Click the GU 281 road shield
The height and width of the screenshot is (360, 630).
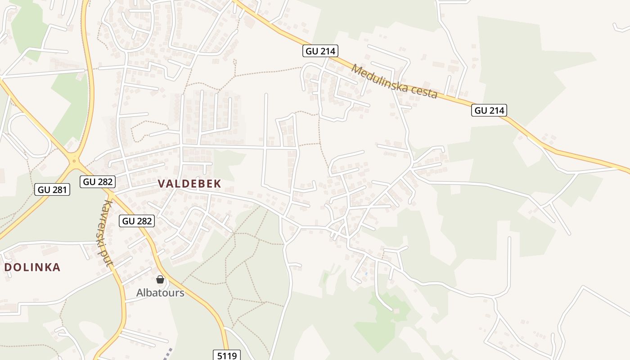52,189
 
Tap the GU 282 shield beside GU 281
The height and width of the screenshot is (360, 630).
98,181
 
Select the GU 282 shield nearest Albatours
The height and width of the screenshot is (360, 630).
137,220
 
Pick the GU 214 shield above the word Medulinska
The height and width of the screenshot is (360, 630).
320,51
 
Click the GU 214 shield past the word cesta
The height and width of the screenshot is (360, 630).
489,110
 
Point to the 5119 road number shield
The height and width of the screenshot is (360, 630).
227,355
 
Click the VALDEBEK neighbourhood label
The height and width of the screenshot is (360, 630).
189,184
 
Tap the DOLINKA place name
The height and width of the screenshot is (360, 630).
32,267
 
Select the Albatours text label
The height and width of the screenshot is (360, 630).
160,293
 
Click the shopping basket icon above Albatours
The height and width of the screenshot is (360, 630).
160,279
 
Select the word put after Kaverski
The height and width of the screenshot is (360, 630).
107,258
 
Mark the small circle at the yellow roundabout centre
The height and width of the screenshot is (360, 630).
74,160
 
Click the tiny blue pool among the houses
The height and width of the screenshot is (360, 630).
366,273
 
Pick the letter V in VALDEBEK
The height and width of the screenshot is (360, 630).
162,184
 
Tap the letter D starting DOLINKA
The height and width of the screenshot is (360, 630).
8,267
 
